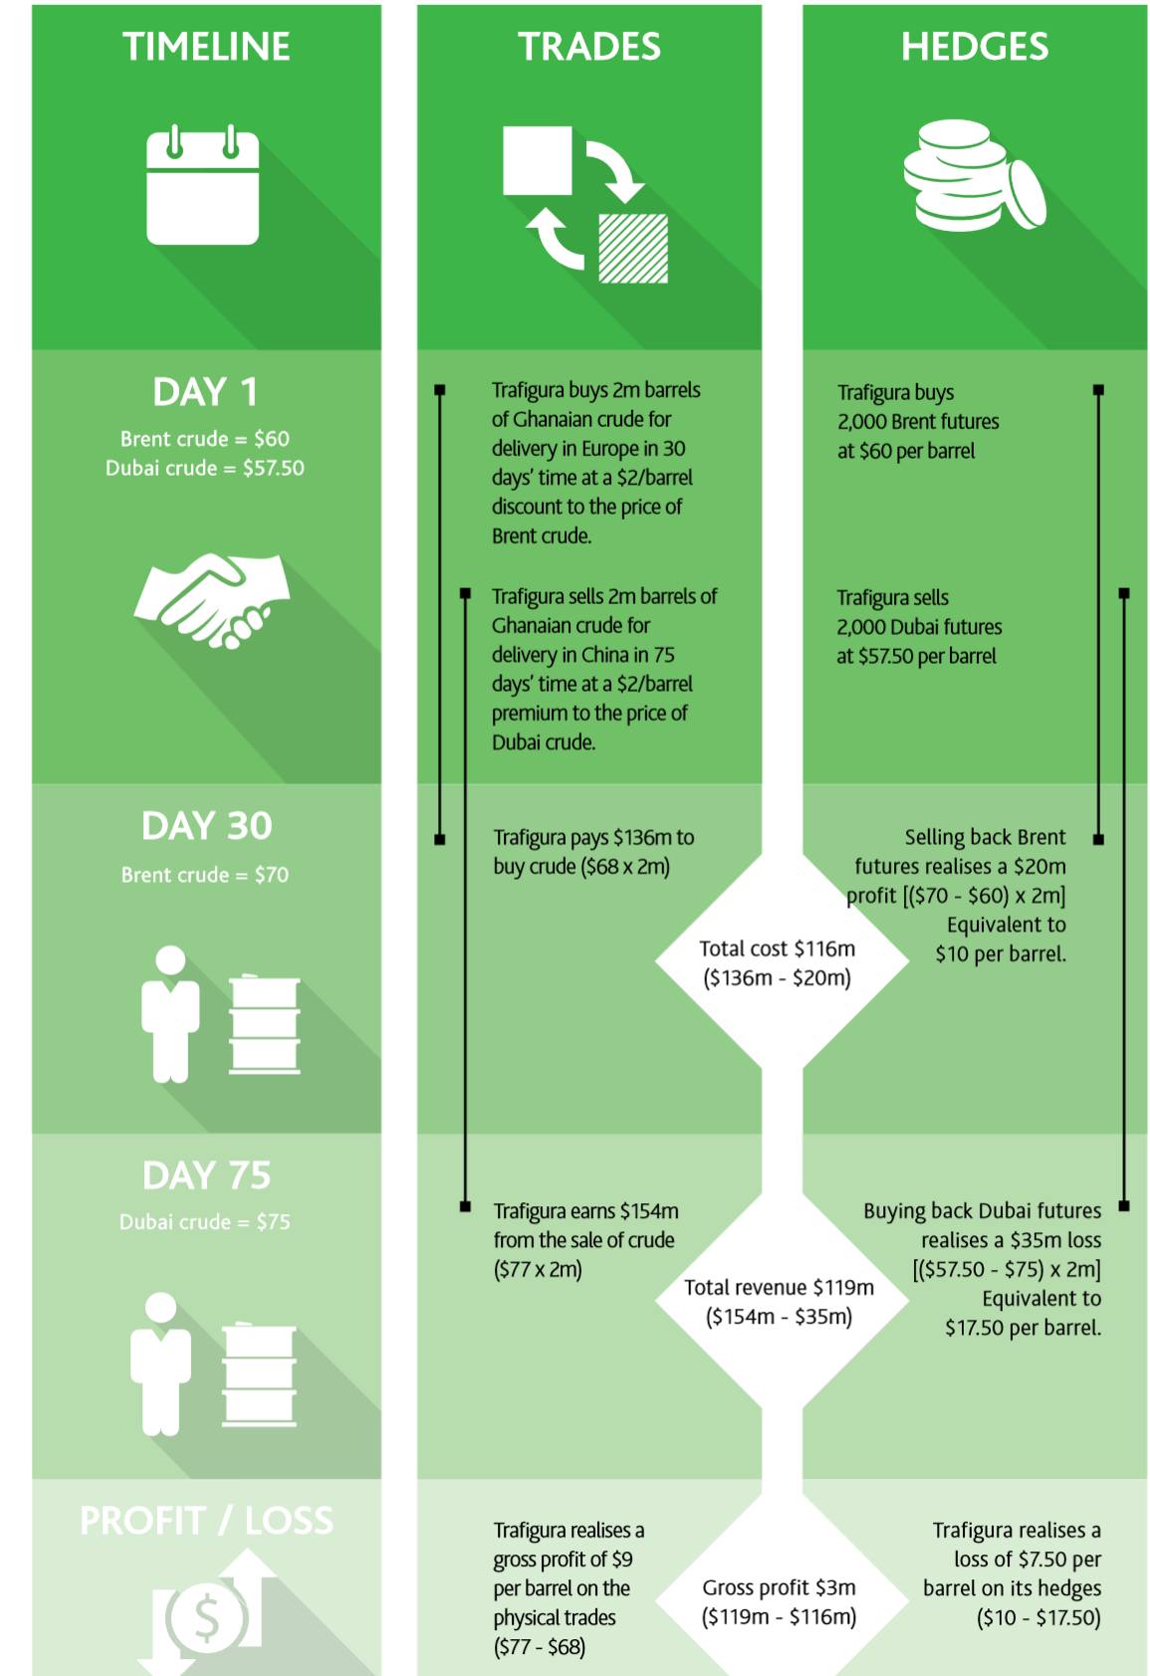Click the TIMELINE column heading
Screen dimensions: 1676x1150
(206, 47)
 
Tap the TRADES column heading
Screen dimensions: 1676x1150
(588, 47)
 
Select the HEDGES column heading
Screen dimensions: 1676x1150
(974, 47)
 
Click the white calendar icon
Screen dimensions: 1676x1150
(203, 186)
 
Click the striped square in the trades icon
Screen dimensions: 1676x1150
(633, 249)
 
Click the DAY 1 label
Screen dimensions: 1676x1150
(205, 392)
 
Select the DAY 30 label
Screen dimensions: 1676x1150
(206, 826)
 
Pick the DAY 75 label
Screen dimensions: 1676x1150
(206, 1175)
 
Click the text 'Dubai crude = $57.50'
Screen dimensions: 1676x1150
(205, 468)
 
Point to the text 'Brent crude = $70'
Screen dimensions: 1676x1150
(205, 875)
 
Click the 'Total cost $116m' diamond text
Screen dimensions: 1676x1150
(777, 949)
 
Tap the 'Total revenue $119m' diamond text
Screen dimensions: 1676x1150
(779, 1288)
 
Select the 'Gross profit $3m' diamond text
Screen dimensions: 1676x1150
(779, 1587)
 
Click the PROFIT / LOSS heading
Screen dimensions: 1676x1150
(206, 1521)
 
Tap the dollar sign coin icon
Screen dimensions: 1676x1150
(206, 1617)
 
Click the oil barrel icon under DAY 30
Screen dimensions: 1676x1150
(265, 1025)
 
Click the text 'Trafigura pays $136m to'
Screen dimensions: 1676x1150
(593, 838)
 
